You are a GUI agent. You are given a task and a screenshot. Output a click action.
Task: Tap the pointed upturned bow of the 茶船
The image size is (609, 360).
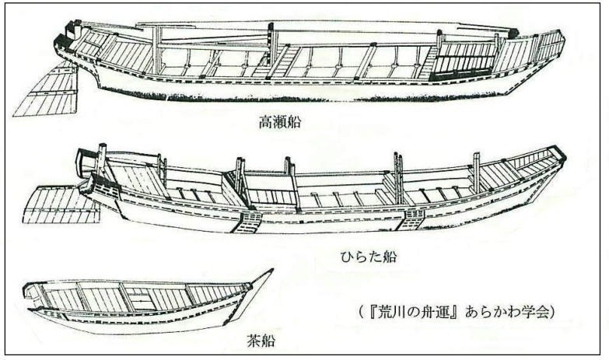[264, 278]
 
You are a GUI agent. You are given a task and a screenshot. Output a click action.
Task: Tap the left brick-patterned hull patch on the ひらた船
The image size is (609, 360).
[249, 222]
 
